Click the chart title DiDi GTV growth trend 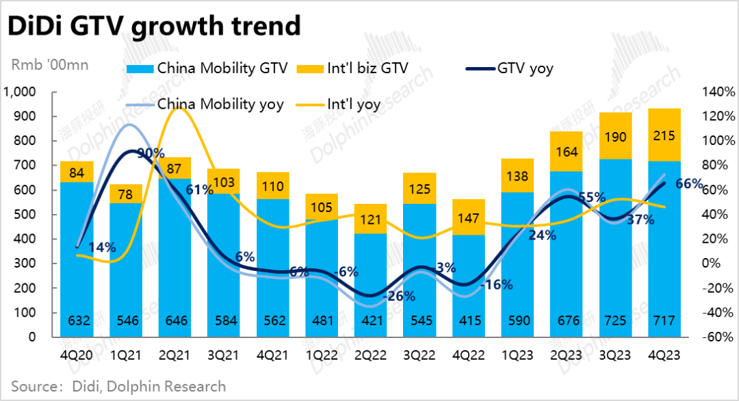click(153, 26)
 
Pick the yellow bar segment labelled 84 click(76, 171)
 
